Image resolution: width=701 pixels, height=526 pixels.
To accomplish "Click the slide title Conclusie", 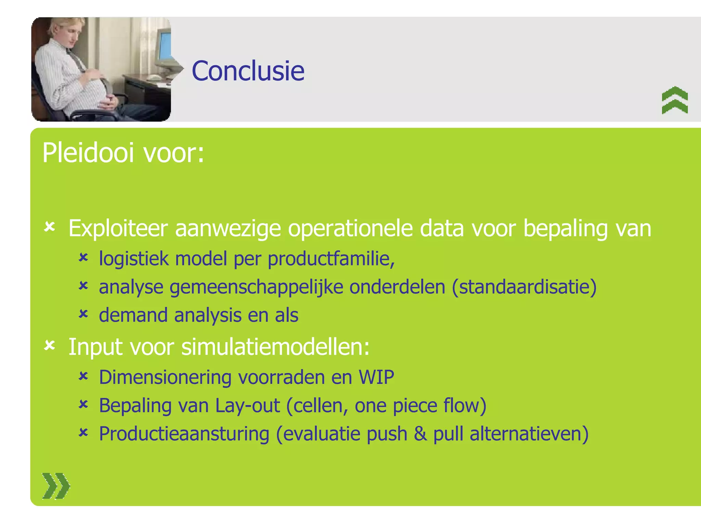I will (x=248, y=71).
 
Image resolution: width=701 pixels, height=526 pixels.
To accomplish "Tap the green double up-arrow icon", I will (x=675, y=100).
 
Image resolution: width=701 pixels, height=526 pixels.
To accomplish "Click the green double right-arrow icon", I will (x=56, y=486).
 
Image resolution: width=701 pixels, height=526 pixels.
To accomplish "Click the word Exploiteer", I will (x=118, y=228).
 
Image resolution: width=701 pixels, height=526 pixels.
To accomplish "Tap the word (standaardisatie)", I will (x=524, y=287).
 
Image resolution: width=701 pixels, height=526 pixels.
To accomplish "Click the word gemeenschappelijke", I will (x=256, y=287).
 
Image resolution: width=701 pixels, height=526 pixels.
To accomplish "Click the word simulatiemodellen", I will (x=275, y=347).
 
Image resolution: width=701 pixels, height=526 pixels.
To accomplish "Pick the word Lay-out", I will (x=247, y=406).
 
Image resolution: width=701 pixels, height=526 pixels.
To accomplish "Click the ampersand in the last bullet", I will (x=420, y=434).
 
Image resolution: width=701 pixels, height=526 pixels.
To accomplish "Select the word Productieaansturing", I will (x=184, y=434).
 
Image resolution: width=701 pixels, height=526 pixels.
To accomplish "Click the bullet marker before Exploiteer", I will (x=50, y=227).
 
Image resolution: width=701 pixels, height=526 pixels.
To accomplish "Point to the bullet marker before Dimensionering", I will (x=83, y=376).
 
